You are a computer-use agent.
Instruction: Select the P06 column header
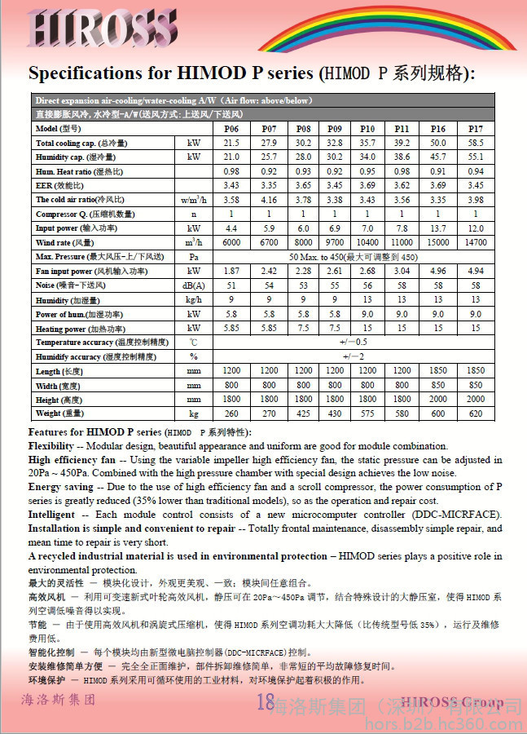pyautogui.click(x=231, y=129)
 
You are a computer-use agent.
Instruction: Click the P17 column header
pyautogui.click(x=476, y=129)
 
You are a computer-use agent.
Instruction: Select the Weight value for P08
pyautogui.click(x=303, y=413)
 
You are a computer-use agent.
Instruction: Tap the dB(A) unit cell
pyautogui.click(x=194, y=285)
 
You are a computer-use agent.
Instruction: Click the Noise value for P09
pyautogui.click(x=334, y=285)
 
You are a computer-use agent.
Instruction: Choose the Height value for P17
pyautogui.click(x=476, y=400)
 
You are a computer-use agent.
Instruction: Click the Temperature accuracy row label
pyautogui.click(x=91, y=343)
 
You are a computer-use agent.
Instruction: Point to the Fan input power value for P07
pyautogui.click(x=269, y=271)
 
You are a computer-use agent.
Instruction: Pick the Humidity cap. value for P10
pyautogui.click(x=368, y=157)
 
